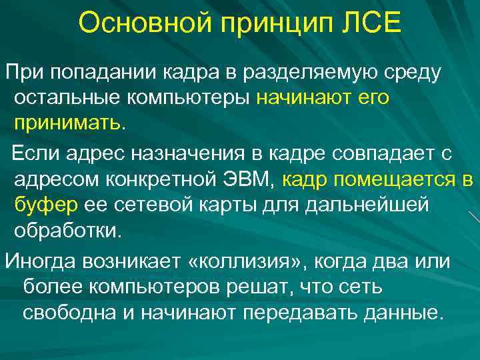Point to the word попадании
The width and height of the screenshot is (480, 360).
tap(98, 71)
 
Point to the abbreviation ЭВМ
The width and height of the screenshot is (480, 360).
tap(247, 180)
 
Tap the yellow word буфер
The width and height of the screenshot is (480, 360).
tap(47, 206)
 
